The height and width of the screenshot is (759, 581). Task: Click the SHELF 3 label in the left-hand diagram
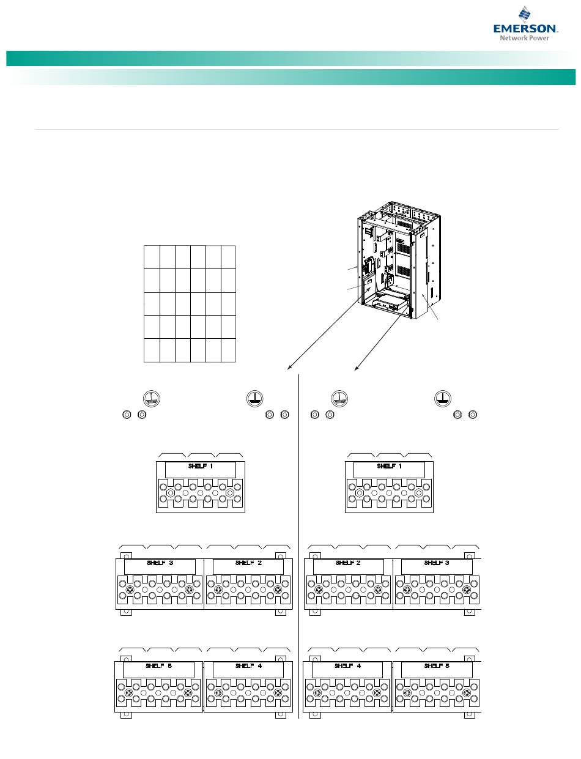[x=160, y=563]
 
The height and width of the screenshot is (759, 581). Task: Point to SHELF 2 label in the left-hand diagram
[x=248, y=563]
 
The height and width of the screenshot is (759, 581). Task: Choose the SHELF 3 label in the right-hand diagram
[x=437, y=563]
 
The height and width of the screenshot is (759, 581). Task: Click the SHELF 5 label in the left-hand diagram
[x=158, y=665]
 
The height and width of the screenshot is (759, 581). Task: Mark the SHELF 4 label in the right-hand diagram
[x=347, y=665]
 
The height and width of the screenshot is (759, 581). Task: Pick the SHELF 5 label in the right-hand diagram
[x=437, y=665]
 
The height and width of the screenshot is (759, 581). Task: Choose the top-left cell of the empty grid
[x=152, y=257]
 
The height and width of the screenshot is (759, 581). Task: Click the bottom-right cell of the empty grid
[x=228, y=350]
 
